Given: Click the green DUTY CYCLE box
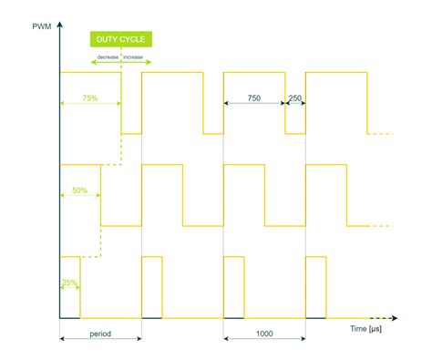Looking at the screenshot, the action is coord(120,40).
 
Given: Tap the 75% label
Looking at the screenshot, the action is coord(89,97).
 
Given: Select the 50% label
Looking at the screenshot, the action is coord(79,190).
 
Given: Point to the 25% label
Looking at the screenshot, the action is coord(68,283).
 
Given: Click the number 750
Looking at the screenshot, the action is coord(254,98).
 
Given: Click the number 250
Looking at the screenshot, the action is coord(295,98).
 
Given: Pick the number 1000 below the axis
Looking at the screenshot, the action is coord(264,334).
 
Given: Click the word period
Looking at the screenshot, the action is coord(100,334).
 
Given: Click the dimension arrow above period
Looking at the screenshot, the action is coord(100,341).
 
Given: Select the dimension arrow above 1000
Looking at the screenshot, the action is coord(264,341).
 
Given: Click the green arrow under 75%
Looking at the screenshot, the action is coord(89,104).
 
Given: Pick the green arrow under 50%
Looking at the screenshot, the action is coord(79,197).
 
